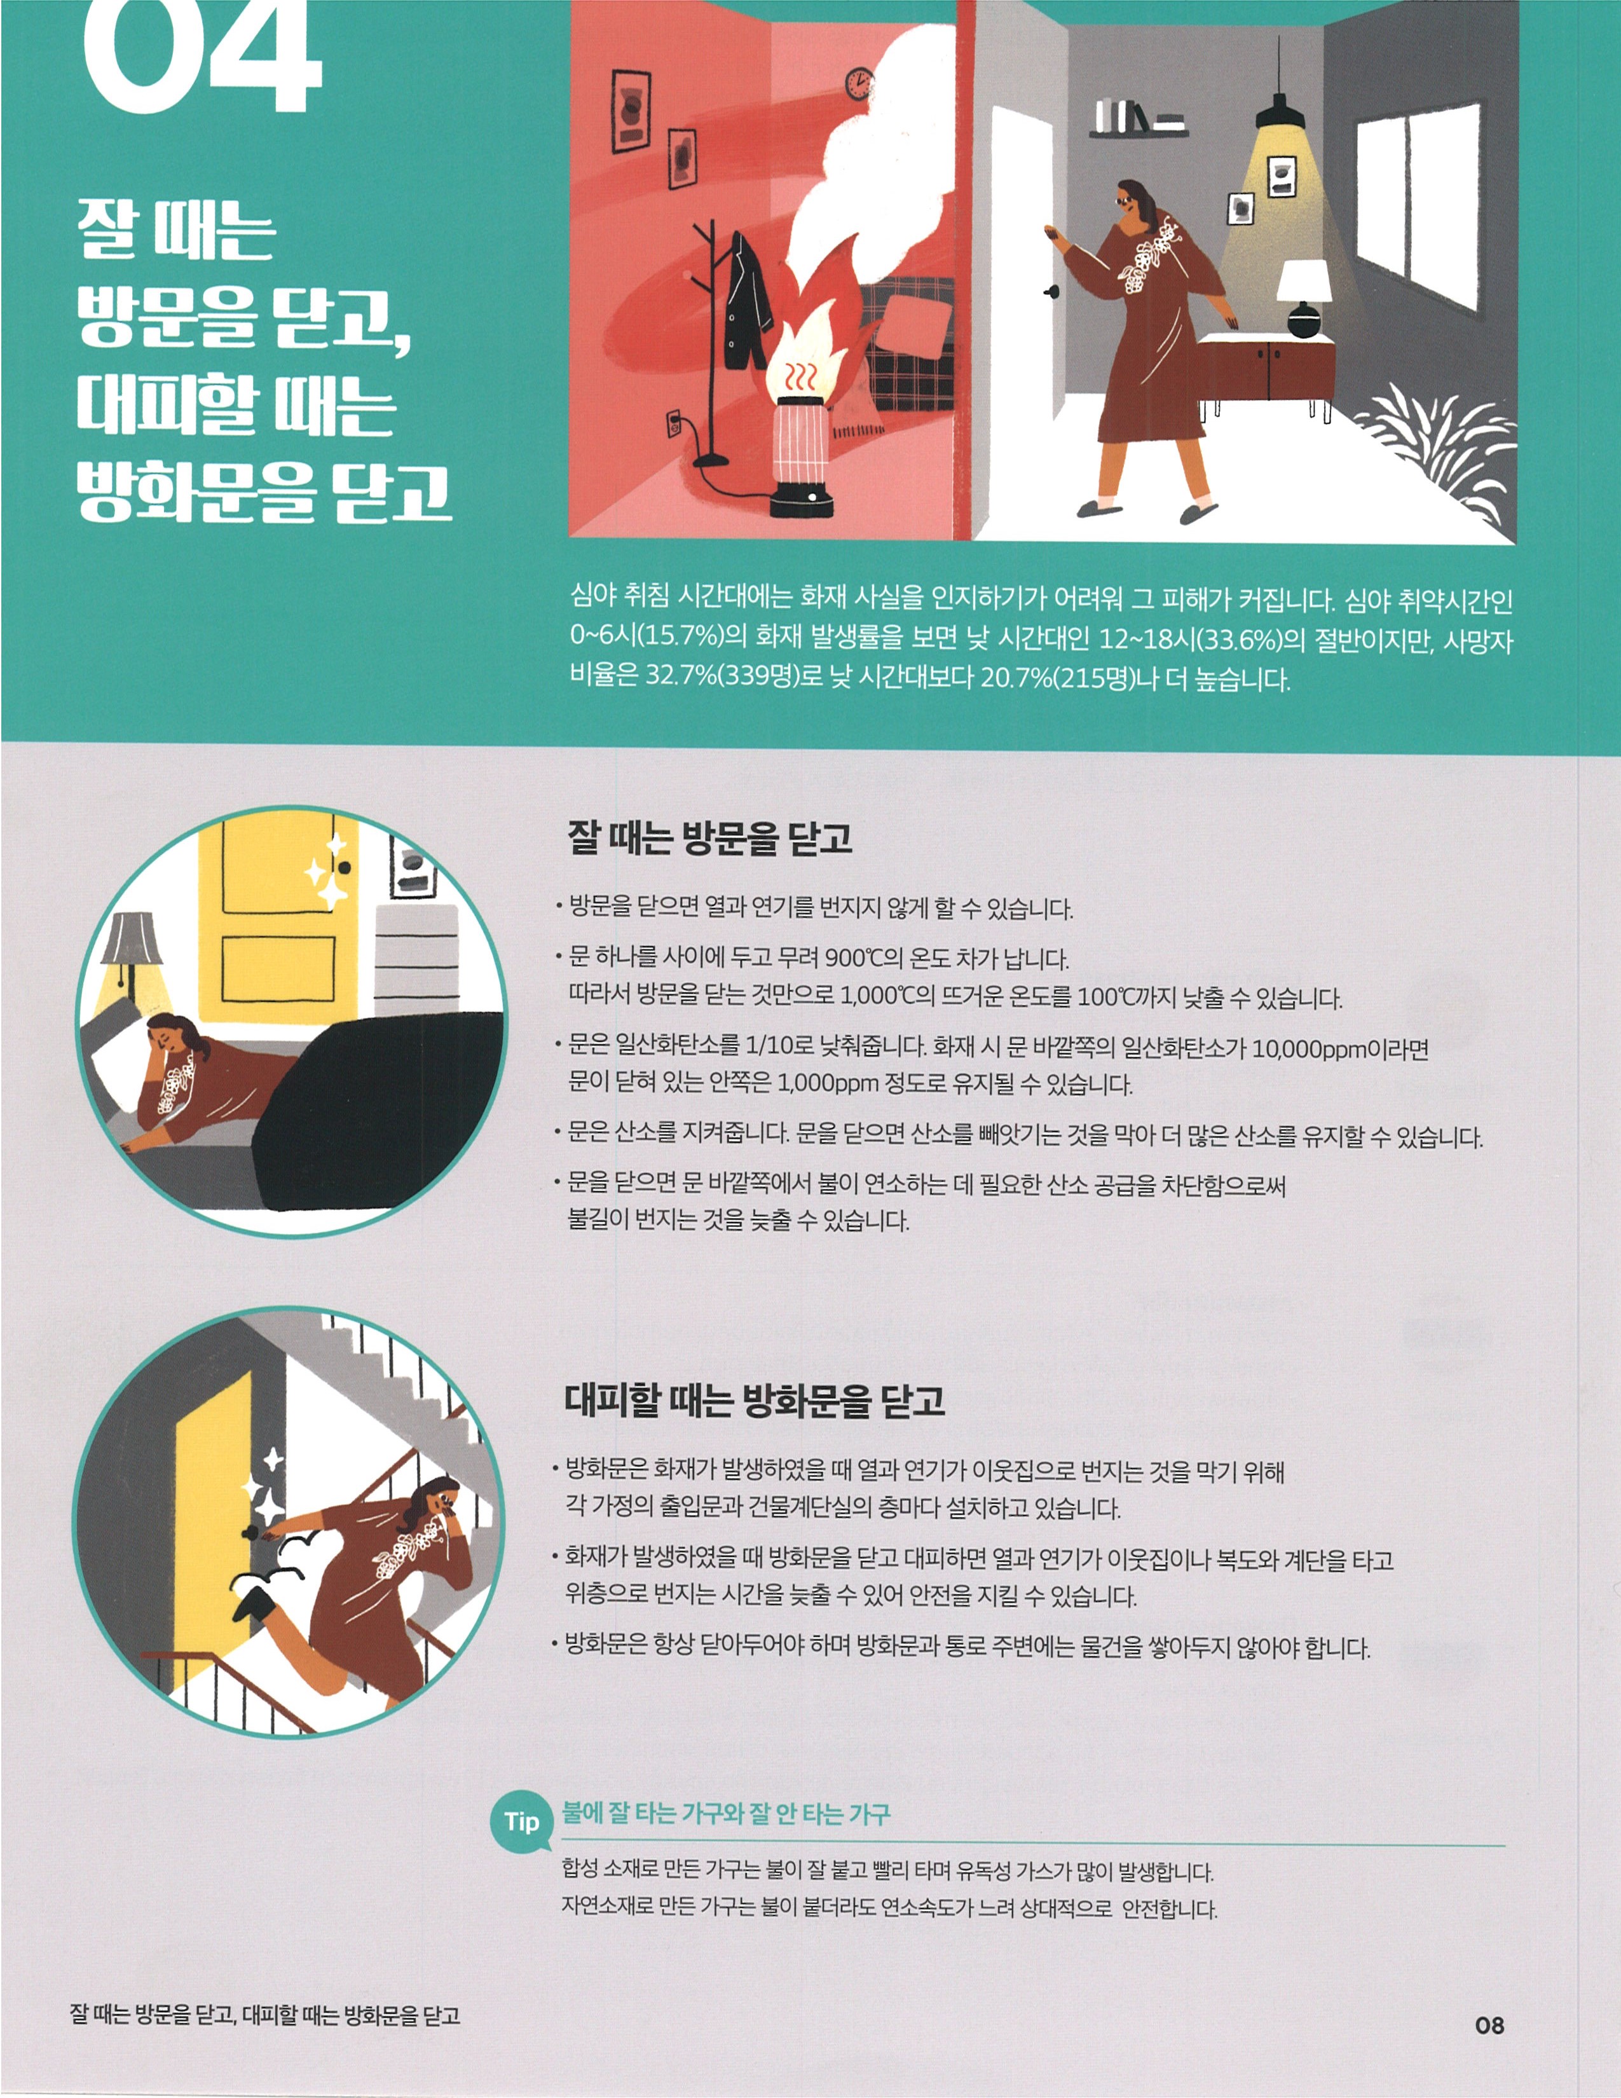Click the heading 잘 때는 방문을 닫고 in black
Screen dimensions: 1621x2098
pyautogui.click(x=709, y=837)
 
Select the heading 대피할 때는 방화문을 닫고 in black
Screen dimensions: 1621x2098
pyautogui.click(x=755, y=1401)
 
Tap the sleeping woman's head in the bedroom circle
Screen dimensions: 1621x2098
pyautogui.click(x=172, y=1039)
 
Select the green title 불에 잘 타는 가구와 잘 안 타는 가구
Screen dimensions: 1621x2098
pyautogui.click(x=726, y=1813)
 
